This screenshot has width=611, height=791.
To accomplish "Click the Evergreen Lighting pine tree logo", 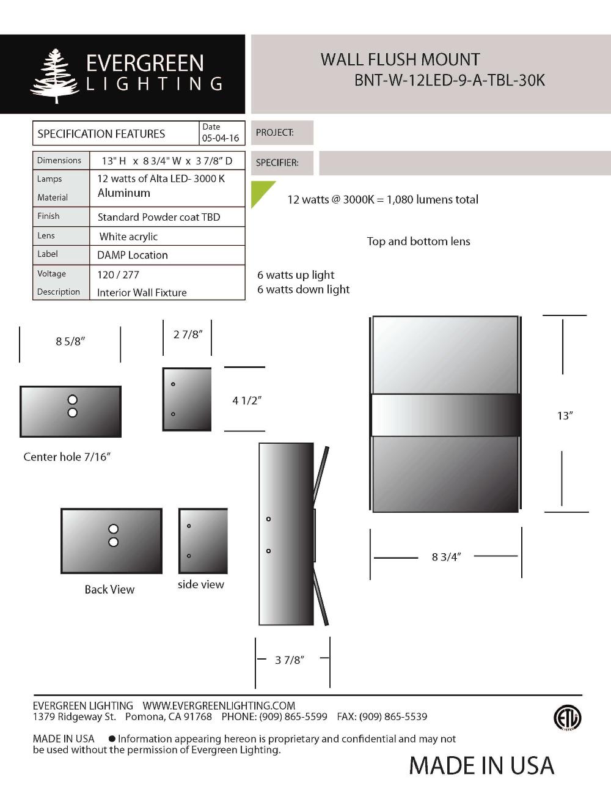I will pos(55,76).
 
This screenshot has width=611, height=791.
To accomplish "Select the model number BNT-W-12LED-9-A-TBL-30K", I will pos(449,81).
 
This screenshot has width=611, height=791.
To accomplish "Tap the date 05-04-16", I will pos(220,138).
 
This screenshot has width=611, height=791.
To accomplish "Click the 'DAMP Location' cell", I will pos(132,255).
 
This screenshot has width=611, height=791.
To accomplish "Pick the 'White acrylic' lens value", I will pos(128,237).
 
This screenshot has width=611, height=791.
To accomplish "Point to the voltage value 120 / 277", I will pos(118,274).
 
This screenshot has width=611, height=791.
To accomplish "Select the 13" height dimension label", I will pos(565,416).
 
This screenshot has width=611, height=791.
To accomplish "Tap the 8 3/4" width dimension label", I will pos(446,557).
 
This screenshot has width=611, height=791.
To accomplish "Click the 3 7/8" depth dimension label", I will pos(289,660).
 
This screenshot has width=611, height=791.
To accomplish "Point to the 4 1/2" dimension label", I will pos(247,400).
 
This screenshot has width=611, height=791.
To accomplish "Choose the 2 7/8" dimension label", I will pos(188,334).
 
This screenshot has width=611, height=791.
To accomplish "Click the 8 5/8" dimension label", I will pos(70,342).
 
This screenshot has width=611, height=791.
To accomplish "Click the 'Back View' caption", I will pos(109,589).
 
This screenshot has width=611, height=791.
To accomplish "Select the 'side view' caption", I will pos(200,584).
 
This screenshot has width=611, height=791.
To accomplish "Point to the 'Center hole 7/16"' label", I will pos(67,457).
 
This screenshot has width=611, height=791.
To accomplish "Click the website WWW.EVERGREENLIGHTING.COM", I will pos(219,705).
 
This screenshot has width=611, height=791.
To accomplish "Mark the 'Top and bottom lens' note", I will pos(418,241).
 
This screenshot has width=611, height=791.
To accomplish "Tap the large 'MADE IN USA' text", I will pos(481,766).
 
